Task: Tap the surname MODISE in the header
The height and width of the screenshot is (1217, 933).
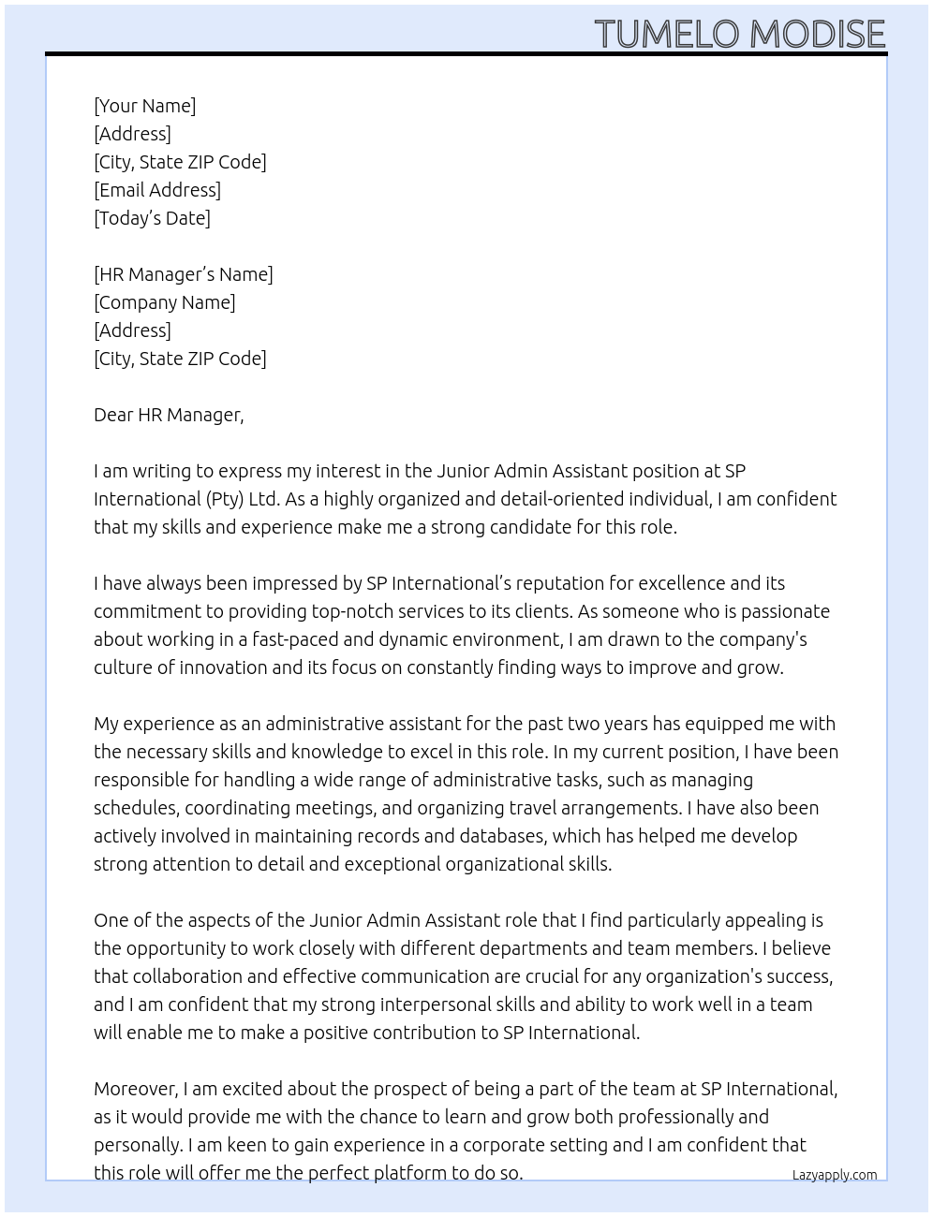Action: coord(817,35)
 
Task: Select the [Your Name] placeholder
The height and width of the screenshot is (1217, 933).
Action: coord(145,106)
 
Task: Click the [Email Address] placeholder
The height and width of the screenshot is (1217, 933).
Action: coord(157,190)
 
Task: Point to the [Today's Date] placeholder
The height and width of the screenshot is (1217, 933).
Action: coord(152,218)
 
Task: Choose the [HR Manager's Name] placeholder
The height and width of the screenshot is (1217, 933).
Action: coord(184,274)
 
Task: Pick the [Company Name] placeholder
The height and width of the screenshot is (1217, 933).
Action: coord(165,302)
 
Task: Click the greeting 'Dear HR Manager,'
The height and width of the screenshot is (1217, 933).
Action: coord(169,415)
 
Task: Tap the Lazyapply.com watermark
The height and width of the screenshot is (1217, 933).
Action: coord(835,1175)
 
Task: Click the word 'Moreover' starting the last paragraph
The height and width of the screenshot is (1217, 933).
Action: coord(135,1089)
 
